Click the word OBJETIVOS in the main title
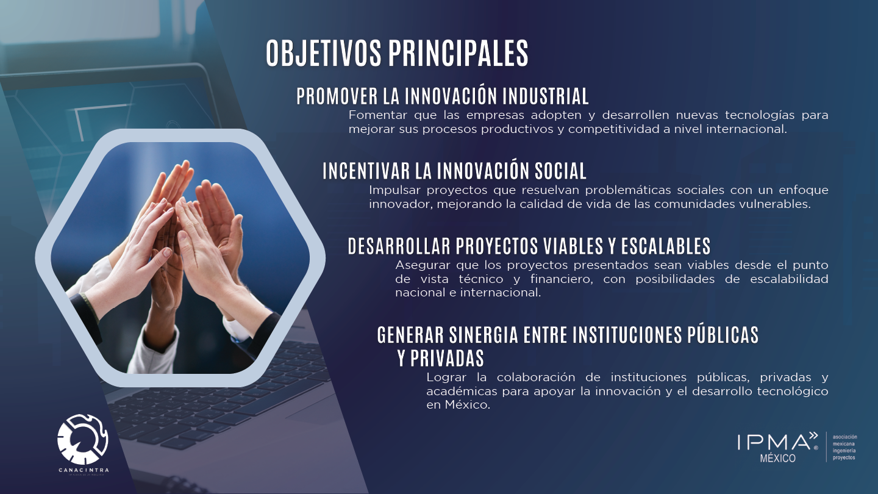coord(323,53)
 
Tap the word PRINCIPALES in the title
coord(459,53)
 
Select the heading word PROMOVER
coord(337,96)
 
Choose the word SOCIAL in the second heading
coord(560,171)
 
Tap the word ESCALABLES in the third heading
coord(666,246)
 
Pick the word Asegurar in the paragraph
coord(423,265)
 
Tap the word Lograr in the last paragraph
coord(446,378)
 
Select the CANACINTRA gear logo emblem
coord(82,439)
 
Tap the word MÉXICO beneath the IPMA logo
coord(777,458)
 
